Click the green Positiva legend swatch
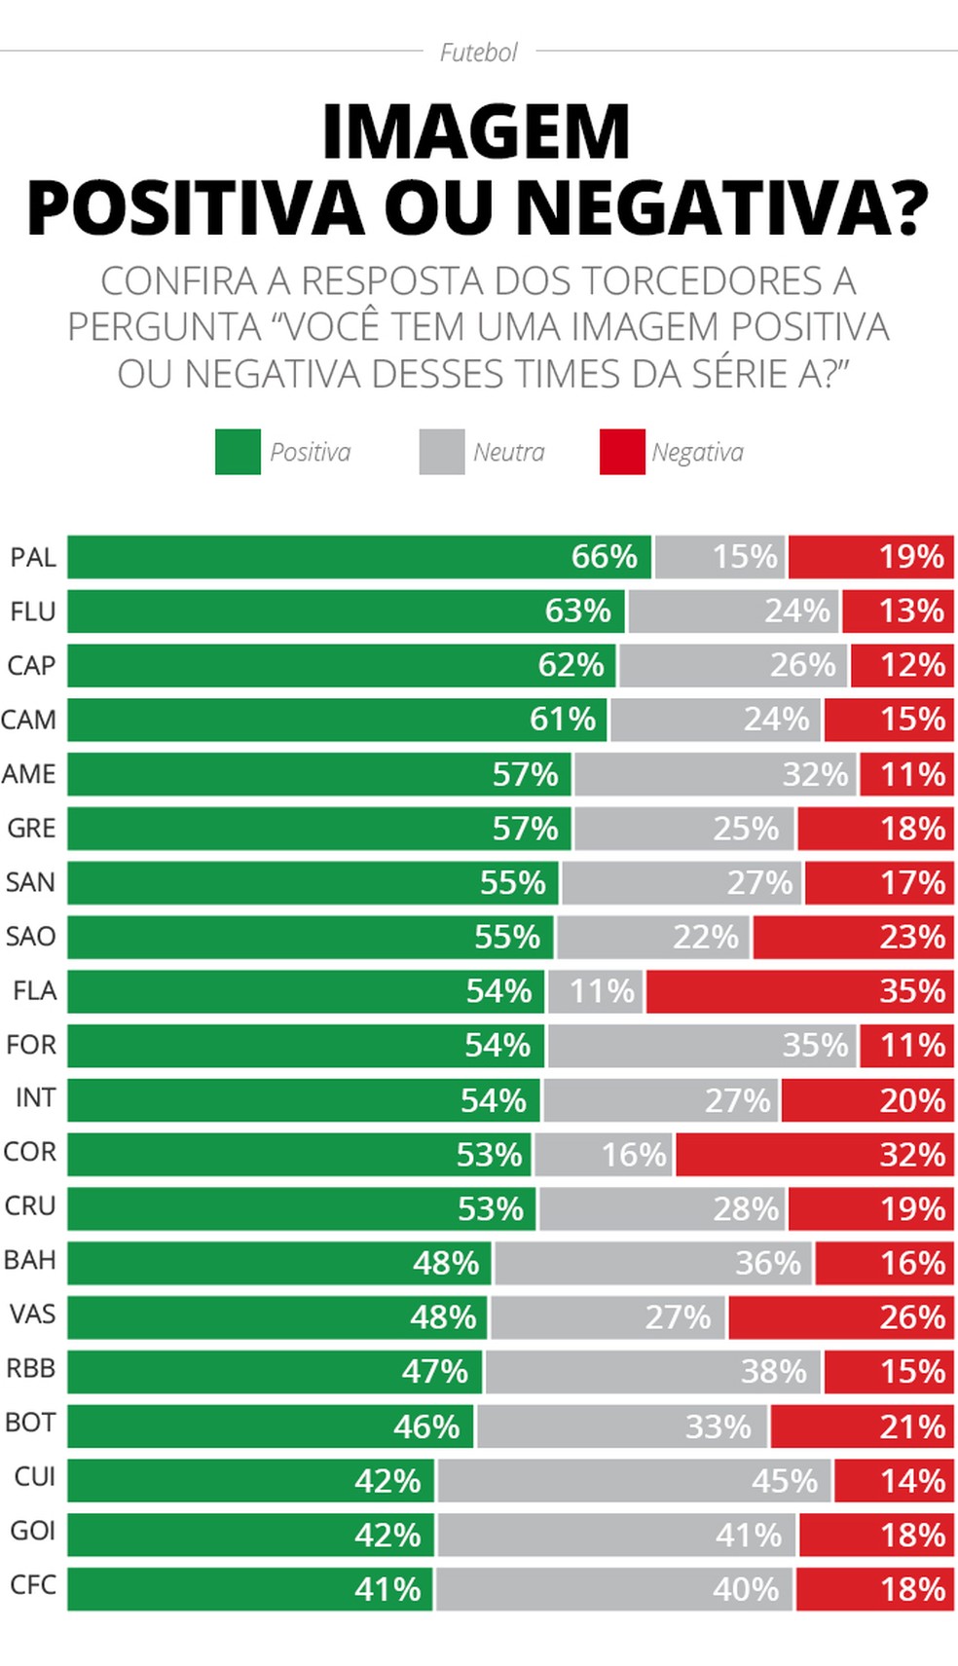pyautogui.click(x=238, y=452)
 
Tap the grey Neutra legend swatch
pyautogui.click(x=442, y=452)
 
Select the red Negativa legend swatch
pyautogui.click(x=622, y=452)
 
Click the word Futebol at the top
pyautogui.click(x=478, y=53)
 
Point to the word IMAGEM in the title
pyautogui.click(x=476, y=132)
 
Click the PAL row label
pyautogui.click(x=33, y=558)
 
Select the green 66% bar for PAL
pyautogui.click(x=358, y=557)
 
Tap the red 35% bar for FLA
pyautogui.click(x=799, y=991)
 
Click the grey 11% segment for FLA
pyautogui.click(x=595, y=991)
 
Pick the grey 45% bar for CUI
pyautogui.click(x=634, y=1481)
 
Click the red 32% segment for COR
pyautogui.click(x=814, y=1154)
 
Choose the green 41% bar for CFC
pyautogui.click(x=249, y=1589)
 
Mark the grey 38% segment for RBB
pyautogui.click(x=652, y=1371)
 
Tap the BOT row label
pyautogui.click(x=30, y=1423)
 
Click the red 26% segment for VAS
pyautogui.click(x=840, y=1316)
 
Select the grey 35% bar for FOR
pyautogui.click(x=701, y=1046)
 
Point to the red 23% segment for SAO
pyautogui.click(x=853, y=937)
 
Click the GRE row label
pyautogui.click(x=31, y=829)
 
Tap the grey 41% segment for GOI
pyautogui.click(x=615, y=1535)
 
